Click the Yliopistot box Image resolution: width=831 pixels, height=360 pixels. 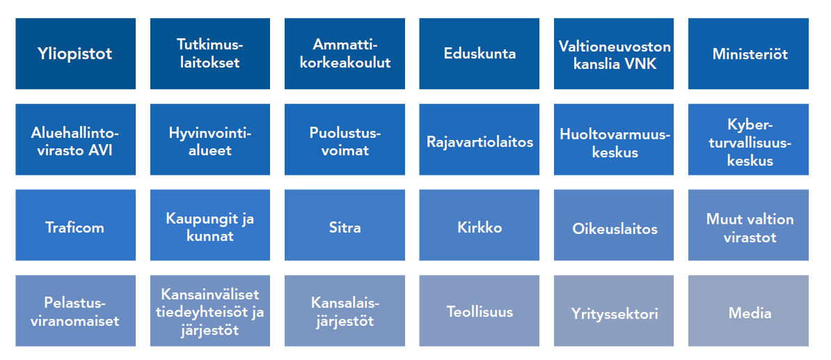point(75,54)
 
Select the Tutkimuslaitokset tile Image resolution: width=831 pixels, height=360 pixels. point(210,54)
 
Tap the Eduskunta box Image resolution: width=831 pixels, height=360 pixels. point(479,54)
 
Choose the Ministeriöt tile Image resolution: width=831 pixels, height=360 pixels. point(748,54)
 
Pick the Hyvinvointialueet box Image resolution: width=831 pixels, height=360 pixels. point(210,139)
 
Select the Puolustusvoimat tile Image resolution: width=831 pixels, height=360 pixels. point(345,139)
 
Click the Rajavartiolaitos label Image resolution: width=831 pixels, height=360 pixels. point(480,141)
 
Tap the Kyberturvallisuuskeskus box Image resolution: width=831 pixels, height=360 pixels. point(748,139)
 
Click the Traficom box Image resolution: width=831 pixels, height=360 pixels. point(75,225)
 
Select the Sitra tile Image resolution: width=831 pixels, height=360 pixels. point(345,225)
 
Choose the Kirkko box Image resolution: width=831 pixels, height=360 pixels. point(479,225)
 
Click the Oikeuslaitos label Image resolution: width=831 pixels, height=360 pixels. point(615,228)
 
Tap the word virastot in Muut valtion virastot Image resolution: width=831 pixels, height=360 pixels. point(750,236)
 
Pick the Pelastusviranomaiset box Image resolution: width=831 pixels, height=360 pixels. point(75,311)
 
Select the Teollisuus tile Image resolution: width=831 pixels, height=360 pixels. point(479,311)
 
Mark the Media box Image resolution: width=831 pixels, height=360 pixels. point(748,311)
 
